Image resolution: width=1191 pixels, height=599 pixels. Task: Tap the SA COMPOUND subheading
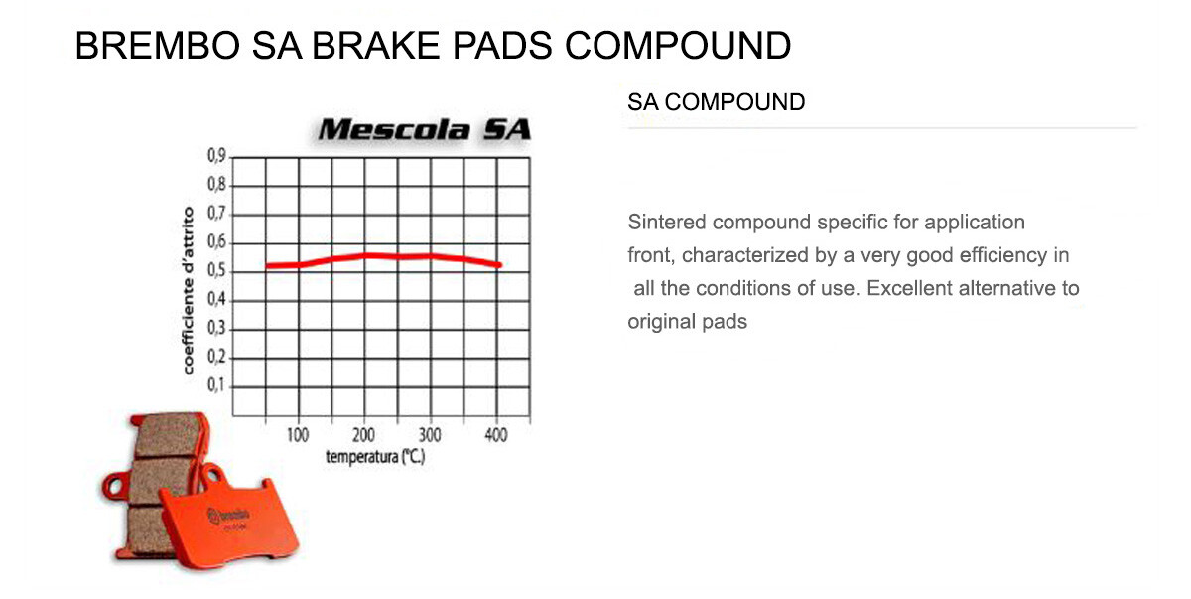716,102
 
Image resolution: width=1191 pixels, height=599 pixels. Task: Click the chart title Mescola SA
425,129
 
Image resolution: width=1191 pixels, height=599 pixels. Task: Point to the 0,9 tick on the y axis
216,156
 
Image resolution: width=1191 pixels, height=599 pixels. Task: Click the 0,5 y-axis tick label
216,271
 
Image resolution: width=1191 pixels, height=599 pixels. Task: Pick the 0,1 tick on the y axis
216,386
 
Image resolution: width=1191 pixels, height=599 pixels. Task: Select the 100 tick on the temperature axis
298,435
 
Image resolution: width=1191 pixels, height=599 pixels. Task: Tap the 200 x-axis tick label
364,435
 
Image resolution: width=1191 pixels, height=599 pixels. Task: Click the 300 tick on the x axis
430,435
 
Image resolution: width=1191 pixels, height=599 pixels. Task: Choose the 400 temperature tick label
495,435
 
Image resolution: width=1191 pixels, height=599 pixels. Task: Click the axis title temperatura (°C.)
374,458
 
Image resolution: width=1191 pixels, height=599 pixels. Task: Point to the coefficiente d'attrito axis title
188,291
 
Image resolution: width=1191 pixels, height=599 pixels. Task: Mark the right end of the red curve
500,265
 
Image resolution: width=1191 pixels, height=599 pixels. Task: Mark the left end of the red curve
268,266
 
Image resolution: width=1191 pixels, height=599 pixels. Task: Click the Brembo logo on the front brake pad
230,516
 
